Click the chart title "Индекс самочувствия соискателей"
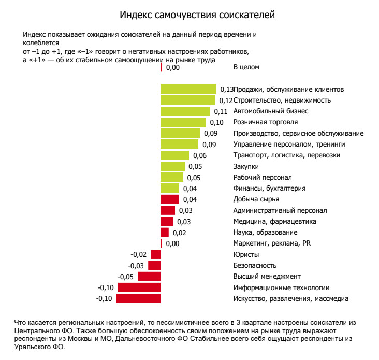point(197,15)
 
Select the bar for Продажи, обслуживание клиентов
point(188,89)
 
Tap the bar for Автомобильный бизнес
point(185,111)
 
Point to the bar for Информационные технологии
point(139,287)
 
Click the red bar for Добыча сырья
point(170,199)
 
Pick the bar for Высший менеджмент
point(149,277)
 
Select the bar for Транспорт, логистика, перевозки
point(175,155)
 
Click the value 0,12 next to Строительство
point(226,100)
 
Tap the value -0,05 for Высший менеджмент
point(125,277)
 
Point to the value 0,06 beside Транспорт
point(199,155)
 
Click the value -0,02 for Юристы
point(139,254)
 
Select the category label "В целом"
point(246,67)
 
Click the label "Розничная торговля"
point(266,122)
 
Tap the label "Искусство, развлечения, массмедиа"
point(291,299)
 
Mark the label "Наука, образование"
point(265,233)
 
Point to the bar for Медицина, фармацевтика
point(167,221)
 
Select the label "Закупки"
point(246,166)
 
